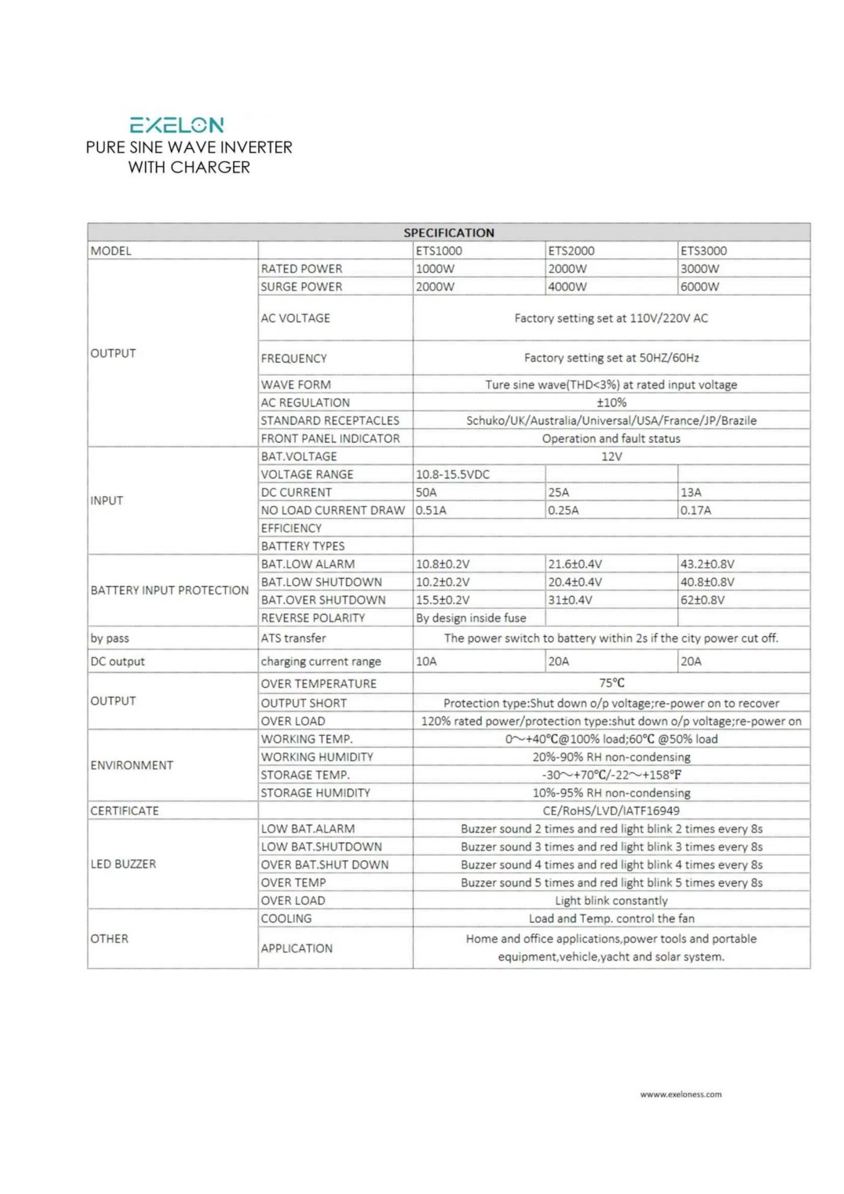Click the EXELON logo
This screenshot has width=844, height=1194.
pyautogui.click(x=177, y=125)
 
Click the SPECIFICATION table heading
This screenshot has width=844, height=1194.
pyautogui.click(x=449, y=232)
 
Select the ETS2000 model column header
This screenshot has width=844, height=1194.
pyautogui.click(x=571, y=251)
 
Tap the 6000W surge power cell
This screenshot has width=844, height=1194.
pyautogui.click(x=700, y=287)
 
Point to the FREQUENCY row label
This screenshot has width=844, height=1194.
pyautogui.click(x=294, y=358)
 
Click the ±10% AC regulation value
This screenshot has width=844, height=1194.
pyautogui.click(x=612, y=403)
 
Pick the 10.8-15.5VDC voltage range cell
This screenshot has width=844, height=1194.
pyautogui.click(x=453, y=474)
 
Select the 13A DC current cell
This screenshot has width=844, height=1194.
pyautogui.click(x=691, y=492)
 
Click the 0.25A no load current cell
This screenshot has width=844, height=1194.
pyautogui.click(x=563, y=510)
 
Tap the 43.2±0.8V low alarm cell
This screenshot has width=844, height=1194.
pyautogui.click(x=707, y=564)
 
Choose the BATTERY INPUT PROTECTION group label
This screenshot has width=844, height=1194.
pyautogui.click(x=170, y=590)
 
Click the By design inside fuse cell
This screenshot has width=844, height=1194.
pyautogui.click(x=470, y=618)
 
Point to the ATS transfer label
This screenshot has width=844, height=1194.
pyautogui.click(x=293, y=638)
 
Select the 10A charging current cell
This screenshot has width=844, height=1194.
pyautogui.click(x=427, y=661)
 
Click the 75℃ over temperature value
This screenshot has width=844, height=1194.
pyautogui.click(x=612, y=683)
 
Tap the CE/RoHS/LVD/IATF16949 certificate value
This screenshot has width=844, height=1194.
pyautogui.click(x=611, y=811)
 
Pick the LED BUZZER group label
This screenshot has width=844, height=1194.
pyautogui.click(x=123, y=864)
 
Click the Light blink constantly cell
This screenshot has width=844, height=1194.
pyautogui.click(x=611, y=901)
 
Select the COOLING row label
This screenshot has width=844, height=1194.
pyautogui.click(x=286, y=918)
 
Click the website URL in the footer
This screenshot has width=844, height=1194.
pyautogui.click(x=681, y=1094)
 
